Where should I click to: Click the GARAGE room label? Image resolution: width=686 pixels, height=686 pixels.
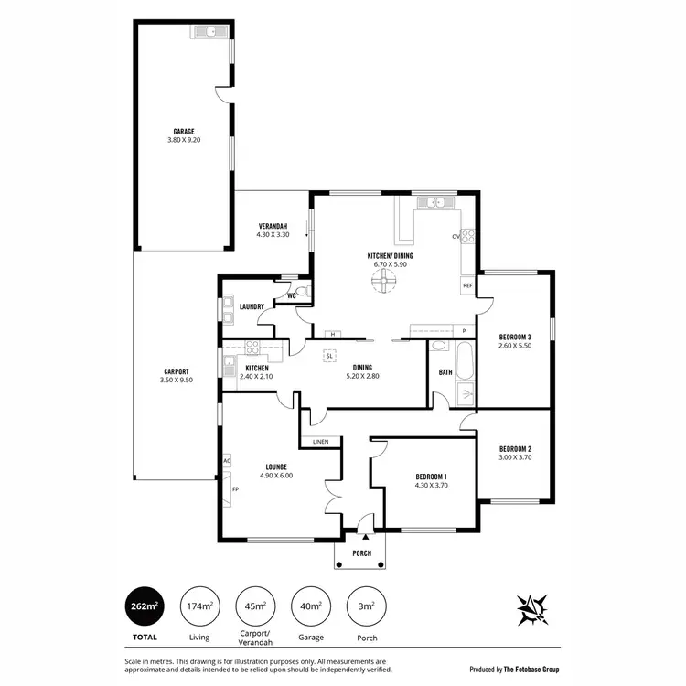184,131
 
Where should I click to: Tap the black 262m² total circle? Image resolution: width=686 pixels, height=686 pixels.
147,606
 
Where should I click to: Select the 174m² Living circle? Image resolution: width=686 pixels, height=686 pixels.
201,606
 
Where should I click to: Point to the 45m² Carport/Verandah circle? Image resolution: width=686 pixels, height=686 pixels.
256,606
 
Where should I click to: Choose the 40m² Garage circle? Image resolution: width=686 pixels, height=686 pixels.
311,606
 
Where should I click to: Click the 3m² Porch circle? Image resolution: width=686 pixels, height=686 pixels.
366,606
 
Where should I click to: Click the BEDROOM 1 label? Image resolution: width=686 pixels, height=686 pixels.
431,477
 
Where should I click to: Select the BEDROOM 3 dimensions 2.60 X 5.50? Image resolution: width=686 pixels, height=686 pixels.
515,346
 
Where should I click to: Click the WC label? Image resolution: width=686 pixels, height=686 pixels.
291,296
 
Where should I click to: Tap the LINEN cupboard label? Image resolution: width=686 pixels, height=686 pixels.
320,442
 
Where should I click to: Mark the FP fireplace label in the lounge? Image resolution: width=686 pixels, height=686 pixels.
235,489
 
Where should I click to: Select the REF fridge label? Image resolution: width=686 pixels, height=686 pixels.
466,285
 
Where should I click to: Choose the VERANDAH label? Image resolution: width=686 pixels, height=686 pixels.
273,226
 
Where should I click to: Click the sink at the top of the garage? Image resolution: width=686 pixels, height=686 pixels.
210,33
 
